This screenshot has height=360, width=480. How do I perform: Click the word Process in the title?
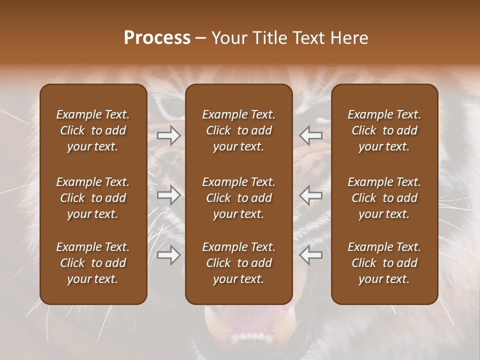tap(157, 38)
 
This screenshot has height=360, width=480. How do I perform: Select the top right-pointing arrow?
tap(168, 135)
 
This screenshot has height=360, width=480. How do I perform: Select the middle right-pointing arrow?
tap(168, 195)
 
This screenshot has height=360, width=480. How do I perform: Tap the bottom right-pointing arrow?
tap(168, 255)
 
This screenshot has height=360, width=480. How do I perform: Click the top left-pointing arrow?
tap(311, 135)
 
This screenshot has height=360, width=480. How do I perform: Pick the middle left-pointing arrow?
tap(311, 195)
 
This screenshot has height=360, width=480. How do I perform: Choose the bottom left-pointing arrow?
tap(311, 255)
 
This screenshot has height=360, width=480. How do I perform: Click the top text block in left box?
tap(93, 130)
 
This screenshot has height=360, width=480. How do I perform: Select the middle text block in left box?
tap(93, 198)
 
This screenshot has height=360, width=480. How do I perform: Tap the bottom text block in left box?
tap(93, 263)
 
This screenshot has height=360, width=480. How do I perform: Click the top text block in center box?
tap(238, 130)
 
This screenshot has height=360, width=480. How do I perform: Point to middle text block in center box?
tap(238, 198)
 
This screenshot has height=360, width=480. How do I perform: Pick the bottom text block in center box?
tap(238, 263)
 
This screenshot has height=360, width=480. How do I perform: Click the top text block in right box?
tap(384, 130)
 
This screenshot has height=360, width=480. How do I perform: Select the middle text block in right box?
tap(384, 198)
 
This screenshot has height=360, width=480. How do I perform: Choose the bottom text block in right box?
tap(384, 263)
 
